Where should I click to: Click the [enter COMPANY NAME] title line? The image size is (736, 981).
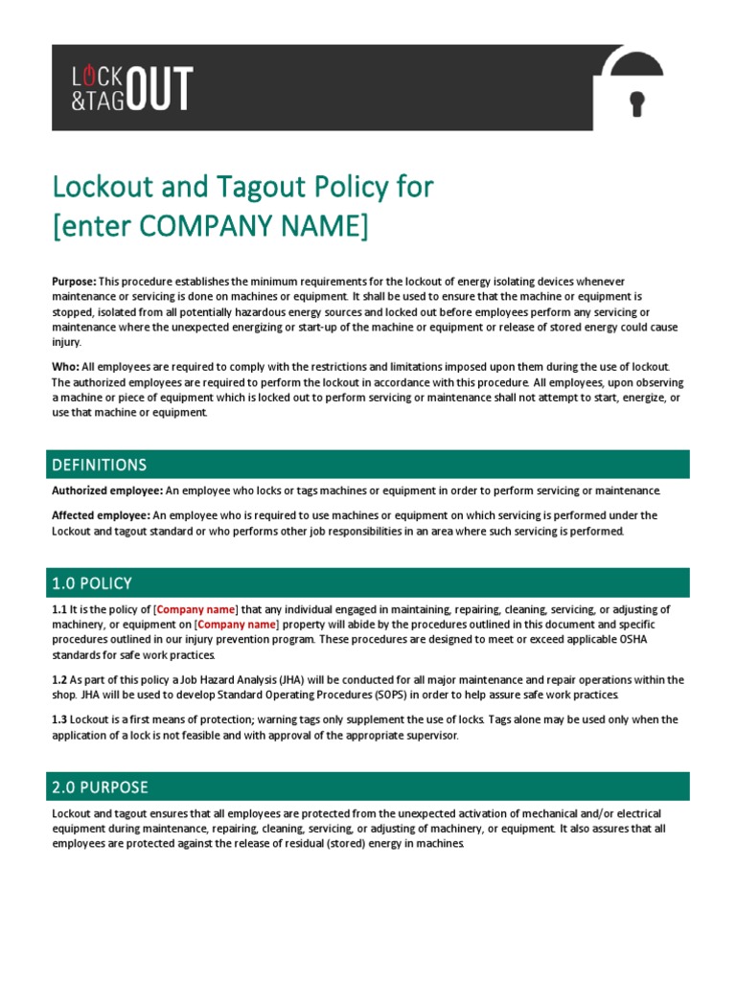209,228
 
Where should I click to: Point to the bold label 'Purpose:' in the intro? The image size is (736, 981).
74,281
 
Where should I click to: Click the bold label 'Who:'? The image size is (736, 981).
64,367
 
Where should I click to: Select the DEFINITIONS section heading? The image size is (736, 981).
99,465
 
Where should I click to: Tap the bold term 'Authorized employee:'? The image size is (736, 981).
107,490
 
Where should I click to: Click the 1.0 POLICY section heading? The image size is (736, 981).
92,582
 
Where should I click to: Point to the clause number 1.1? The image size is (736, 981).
59,609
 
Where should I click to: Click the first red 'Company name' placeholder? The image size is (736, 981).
195,609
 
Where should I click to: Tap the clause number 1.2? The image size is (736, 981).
59,680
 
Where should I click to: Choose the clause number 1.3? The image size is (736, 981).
59,719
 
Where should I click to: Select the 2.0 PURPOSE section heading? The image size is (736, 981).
100,787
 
